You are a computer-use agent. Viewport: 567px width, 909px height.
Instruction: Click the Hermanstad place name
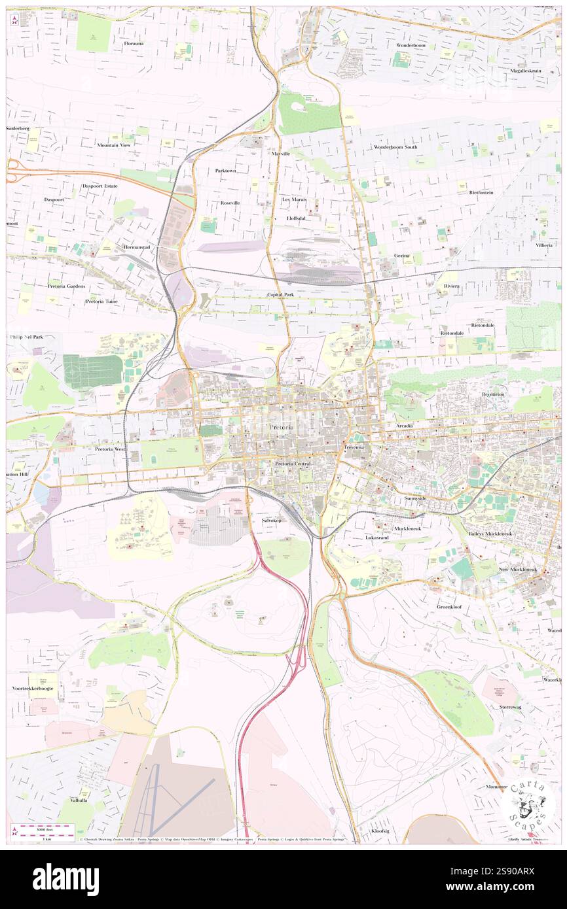[x=137, y=247]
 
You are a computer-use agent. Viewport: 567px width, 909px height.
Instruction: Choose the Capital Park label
[x=283, y=295]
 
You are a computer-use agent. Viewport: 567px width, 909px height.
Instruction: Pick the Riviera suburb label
[x=451, y=286]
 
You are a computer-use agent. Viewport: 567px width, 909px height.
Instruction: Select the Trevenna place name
[x=357, y=447]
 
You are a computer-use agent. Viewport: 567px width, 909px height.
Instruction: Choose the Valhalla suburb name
[x=81, y=800]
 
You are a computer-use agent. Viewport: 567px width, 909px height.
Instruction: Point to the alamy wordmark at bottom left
[x=65, y=880]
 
